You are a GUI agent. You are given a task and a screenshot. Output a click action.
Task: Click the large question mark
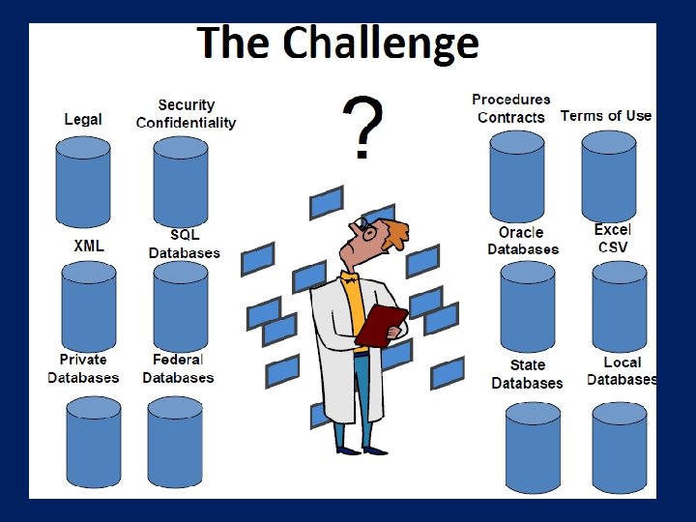362,129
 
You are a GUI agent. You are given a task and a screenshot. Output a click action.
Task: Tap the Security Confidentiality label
186,114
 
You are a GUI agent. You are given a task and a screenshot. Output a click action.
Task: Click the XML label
89,246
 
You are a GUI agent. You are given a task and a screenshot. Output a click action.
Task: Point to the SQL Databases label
185,244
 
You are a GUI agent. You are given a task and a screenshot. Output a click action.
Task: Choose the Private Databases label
83,368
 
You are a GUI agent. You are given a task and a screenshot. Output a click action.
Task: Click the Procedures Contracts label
511,108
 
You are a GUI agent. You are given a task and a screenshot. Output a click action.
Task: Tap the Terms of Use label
606,116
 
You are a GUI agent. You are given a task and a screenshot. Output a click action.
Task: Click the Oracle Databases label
522,241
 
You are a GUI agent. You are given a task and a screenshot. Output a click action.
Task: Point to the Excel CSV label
613,238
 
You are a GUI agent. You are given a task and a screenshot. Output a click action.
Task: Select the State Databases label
527,374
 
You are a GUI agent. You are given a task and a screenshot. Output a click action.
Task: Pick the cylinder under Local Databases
619,448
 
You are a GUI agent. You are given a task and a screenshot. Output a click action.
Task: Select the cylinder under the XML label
89,305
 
